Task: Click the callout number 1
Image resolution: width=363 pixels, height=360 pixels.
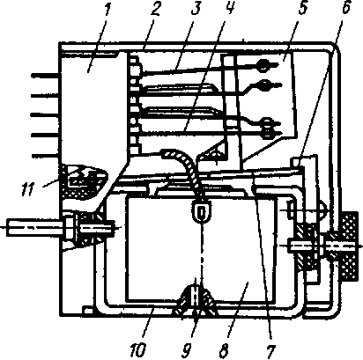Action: pyautogui.click(x=107, y=10)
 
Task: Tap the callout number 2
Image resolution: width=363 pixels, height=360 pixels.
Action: pyautogui.click(x=154, y=9)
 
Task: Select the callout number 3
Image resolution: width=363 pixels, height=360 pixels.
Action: pyautogui.click(x=196, y=9)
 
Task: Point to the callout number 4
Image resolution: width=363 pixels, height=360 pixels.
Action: pyautogui.click(x=230, y=8)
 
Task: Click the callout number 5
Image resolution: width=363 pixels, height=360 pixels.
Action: pyautogui.click(x=302, y=8)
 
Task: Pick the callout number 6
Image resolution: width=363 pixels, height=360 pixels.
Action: pyautogui.click(x=345, y=7)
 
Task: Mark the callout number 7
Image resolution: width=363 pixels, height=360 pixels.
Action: pyautogui.click(x=270, y=350)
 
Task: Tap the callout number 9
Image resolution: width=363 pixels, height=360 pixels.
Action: pyautogui.click(x=187, y=350)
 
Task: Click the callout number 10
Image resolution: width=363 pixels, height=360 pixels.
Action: pyautogui.click(x=138, y=350)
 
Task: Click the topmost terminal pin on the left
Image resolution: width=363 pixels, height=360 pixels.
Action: pyautogui.click(x=46, y=76)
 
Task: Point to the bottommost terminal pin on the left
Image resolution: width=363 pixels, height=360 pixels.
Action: pyautogui.click(x=46, y=155)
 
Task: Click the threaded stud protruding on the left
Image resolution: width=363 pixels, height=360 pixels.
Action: pyautogui.click(x=35, y=228)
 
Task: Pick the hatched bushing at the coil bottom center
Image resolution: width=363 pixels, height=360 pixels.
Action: pyautogui.click(x=196, y=301)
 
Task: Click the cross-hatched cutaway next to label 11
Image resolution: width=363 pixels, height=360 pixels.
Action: pyautogui.click(x=84, y=181)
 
